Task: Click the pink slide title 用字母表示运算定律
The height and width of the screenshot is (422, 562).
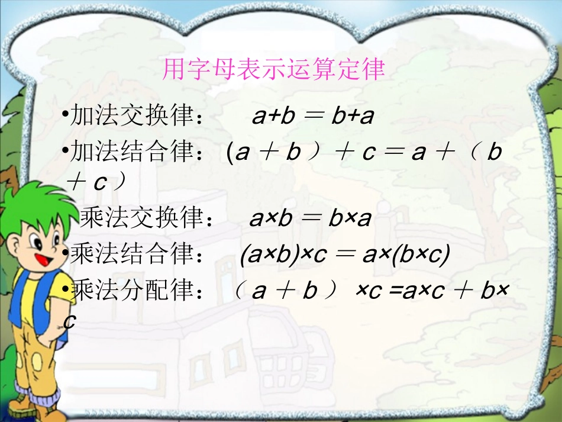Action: coord(273,70)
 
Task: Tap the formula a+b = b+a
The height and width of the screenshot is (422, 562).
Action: coord(313,117)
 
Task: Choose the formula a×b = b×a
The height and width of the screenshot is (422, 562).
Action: coord(310,219)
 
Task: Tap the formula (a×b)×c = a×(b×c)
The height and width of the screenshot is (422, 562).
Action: coord(345,255)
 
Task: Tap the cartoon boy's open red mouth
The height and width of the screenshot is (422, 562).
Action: coord(43,258)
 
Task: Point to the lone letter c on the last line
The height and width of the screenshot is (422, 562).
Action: coord(70,321)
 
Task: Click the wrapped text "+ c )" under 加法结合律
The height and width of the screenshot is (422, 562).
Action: coord(96,183)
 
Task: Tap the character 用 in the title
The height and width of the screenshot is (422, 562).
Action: coord(172,70)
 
